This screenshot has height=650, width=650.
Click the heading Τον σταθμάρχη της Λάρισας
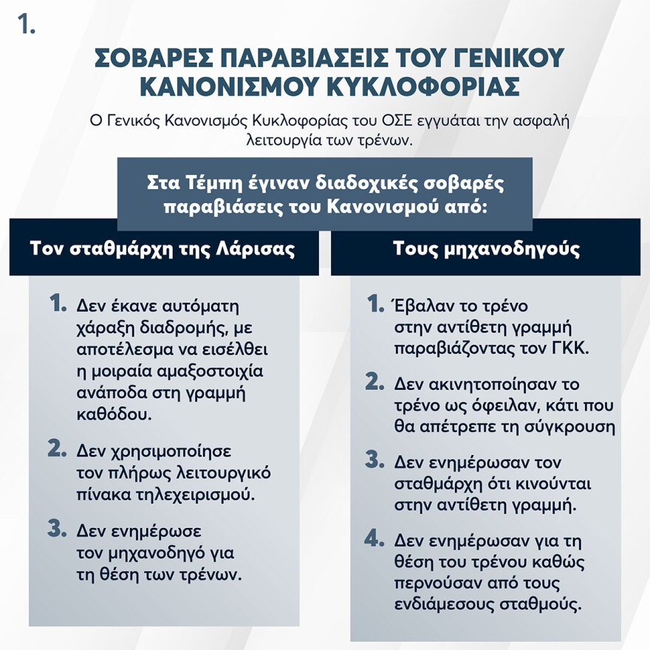coord(162,248)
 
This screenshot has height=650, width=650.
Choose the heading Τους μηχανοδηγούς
coord(486,248)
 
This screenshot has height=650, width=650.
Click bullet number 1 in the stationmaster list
coord(58,304)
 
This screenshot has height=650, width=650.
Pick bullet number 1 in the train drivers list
coord(375,304)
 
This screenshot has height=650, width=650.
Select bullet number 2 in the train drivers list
coord(375,382)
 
